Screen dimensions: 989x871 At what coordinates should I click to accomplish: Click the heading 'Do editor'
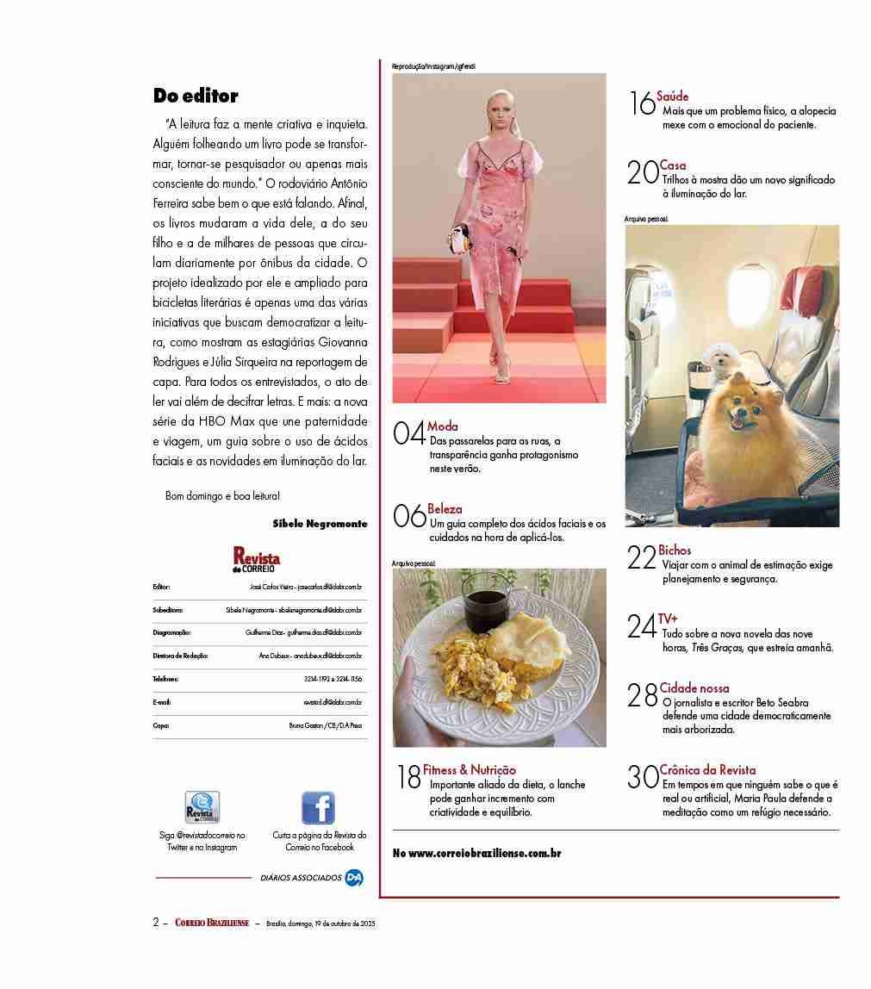196,96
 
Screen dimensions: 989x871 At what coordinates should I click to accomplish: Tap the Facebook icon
318,808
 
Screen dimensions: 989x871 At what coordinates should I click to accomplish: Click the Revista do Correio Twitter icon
202,808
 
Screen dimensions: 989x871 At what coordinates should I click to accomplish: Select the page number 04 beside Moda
408,432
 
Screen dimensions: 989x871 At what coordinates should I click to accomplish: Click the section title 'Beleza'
445,509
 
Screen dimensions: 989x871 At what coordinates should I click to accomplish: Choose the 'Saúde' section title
673,96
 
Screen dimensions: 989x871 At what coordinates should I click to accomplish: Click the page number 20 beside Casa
643,172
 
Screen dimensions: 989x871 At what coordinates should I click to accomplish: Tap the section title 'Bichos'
675,550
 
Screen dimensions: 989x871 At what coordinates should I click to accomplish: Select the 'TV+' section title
668,619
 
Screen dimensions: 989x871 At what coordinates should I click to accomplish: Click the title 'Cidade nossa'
694,688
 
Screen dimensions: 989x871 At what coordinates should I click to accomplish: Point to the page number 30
643,777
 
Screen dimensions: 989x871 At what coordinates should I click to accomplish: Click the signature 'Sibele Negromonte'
320,523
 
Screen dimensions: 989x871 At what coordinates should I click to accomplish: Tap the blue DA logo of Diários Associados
354,878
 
